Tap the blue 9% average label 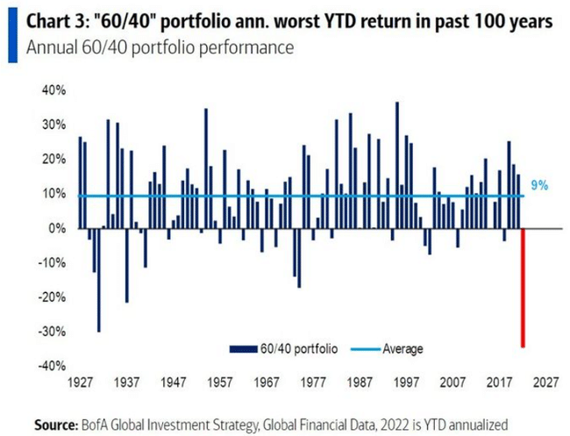tap(540, 186)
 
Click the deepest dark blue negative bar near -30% tap(98, 280)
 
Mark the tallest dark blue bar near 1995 tap(397, 166)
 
